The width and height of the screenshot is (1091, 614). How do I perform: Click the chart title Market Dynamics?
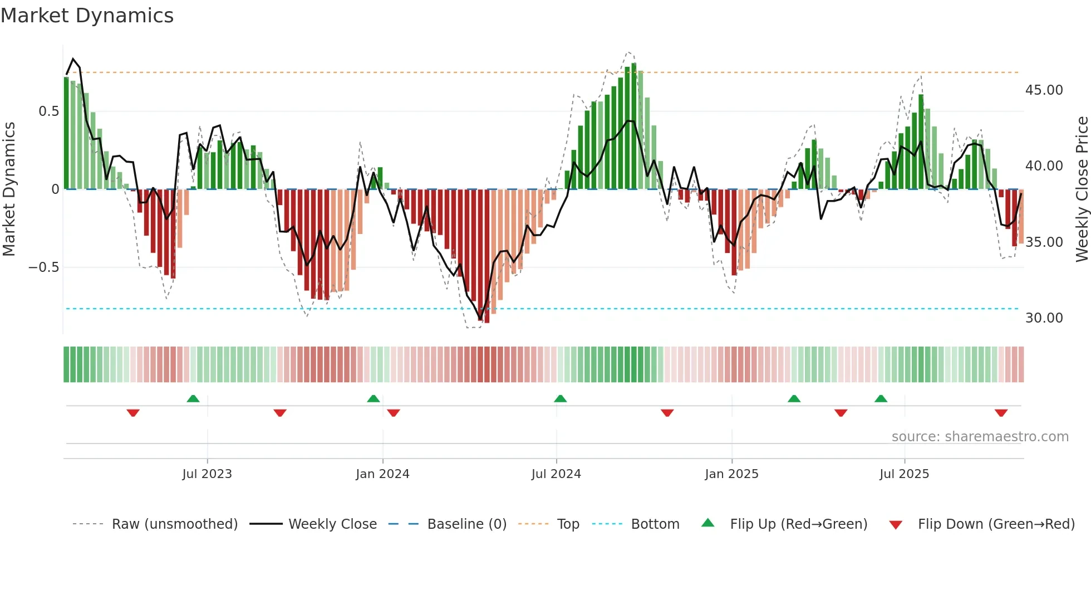pos(87,16)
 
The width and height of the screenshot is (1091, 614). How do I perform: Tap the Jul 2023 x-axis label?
pos(207,474)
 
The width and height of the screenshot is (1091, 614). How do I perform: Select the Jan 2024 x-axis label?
pos(382,474)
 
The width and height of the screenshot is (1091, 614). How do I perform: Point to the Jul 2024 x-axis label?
pos(556,474)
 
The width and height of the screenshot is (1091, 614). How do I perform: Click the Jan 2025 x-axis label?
pos(731,474)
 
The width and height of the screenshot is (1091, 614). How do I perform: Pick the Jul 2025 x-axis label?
pos(904,474)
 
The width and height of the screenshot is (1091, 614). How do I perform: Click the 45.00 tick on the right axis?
pos(1044,90)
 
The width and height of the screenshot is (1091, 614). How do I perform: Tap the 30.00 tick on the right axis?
pos(1044,318)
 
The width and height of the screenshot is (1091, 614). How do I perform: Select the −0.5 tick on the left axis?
pos(43,267)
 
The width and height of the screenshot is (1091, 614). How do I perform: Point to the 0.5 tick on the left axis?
pos(48,111)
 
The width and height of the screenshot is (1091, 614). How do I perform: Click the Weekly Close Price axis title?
pos(1082,189)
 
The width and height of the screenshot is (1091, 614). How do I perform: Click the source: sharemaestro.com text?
pos(980,437)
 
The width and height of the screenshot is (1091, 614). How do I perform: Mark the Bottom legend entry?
pos(655,524)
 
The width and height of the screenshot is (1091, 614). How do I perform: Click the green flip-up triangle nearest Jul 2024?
pos(561,399)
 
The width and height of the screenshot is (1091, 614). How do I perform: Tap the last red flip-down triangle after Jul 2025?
pos(1001,413)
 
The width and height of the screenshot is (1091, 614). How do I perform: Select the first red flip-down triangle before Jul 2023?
pos(133,413)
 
